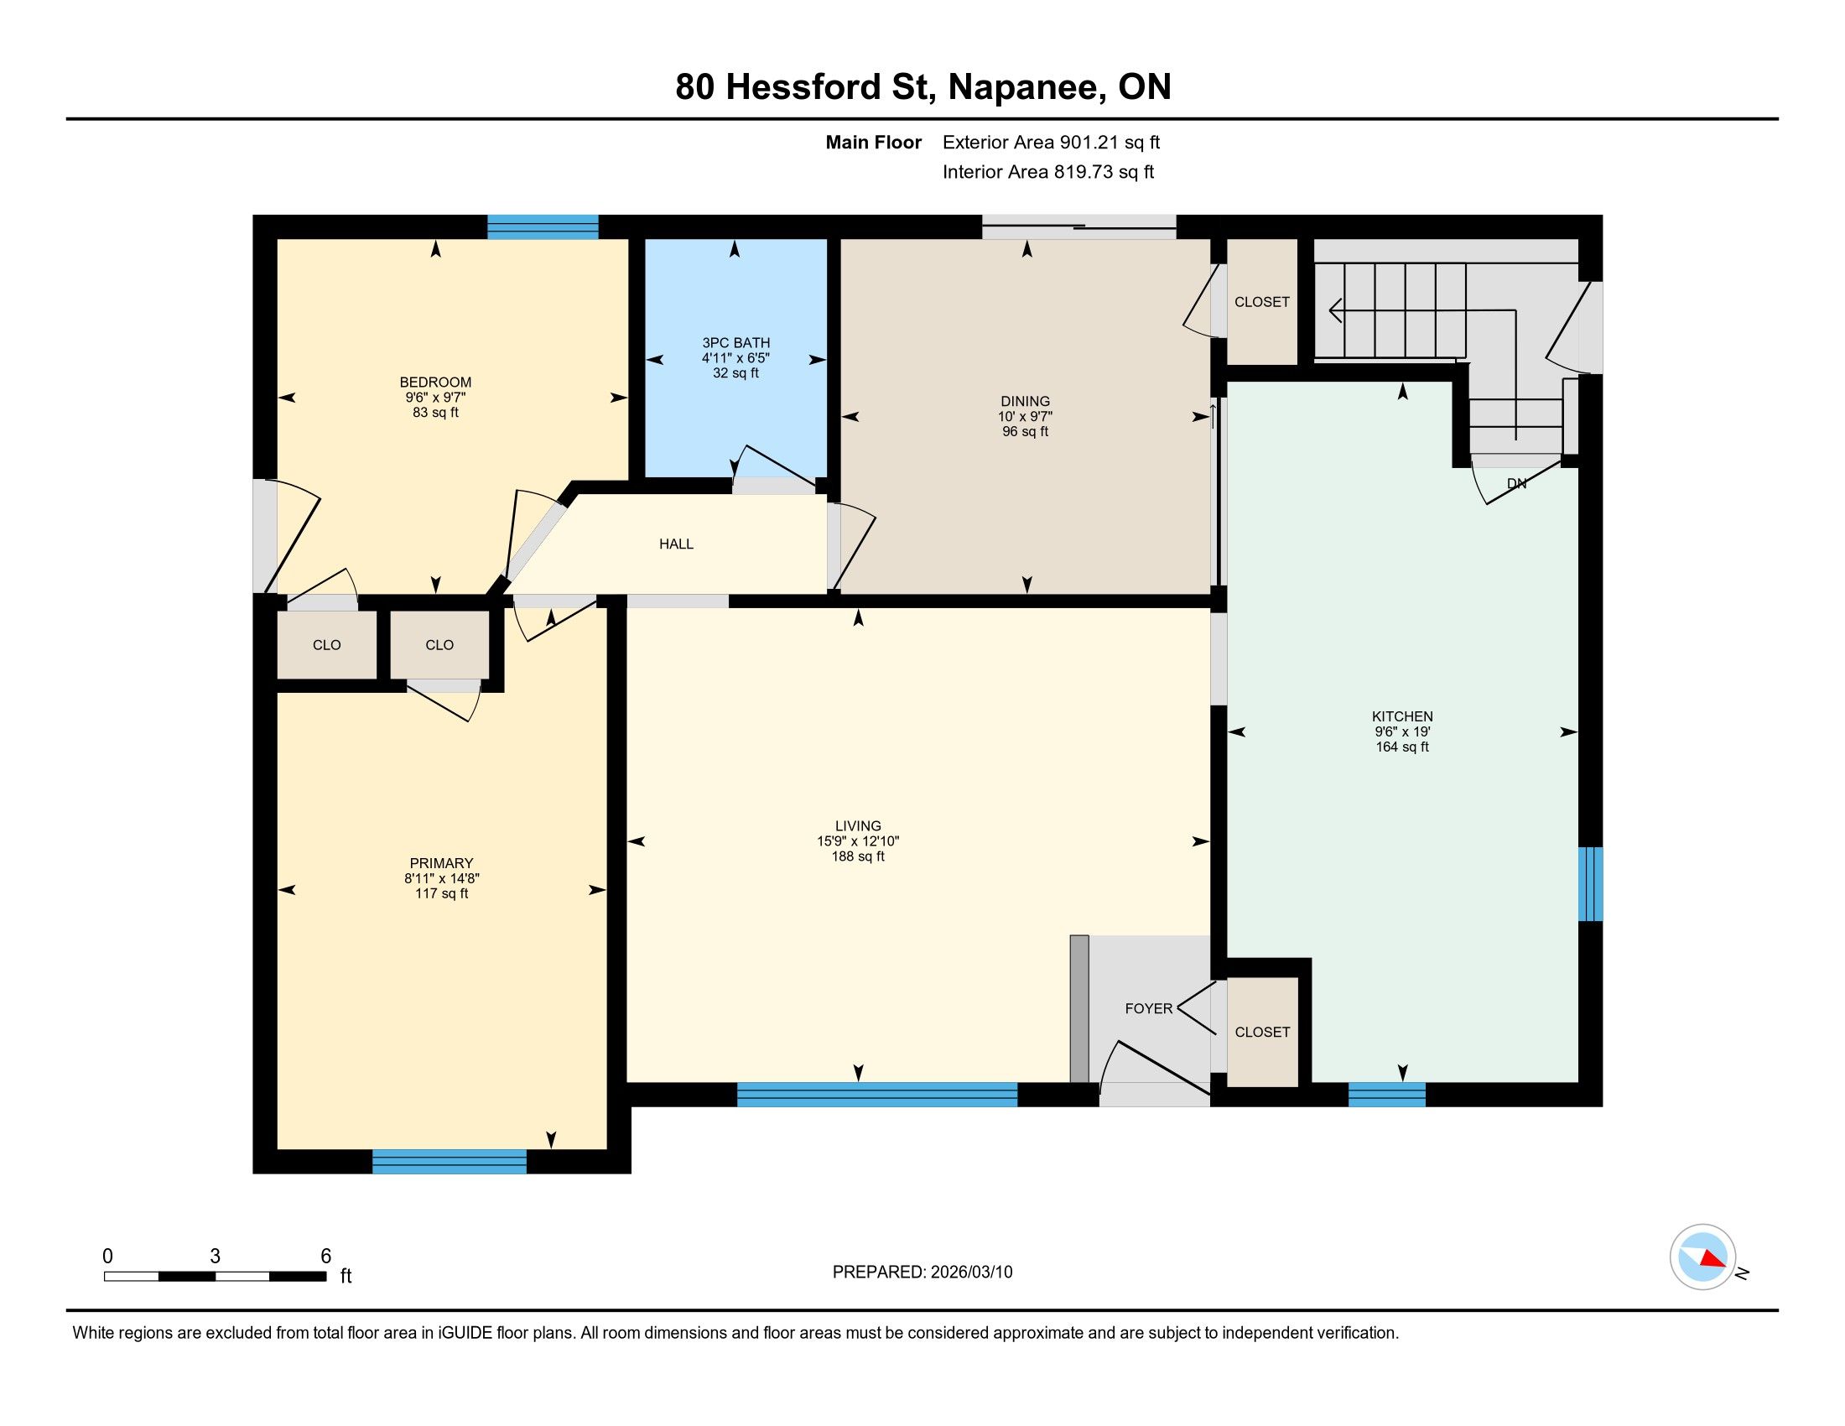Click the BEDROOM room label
[x=435, y=382]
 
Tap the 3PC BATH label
[x=735, y=343]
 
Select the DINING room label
[x=1025, y=401]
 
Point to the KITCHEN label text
[x=1402, y=716]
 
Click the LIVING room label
[x=857, y=826]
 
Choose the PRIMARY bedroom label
[x=441, y=863]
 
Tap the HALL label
[x=676, y=544]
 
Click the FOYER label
[x=1149, y=1008]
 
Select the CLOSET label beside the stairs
[x=1262, y=302]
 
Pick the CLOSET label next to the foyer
[x=1262, y=1033]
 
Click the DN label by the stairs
[x=1517, y=484]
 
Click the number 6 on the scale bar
[x=326, y=1257]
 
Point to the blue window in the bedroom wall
[x=543, y=227]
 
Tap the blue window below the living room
[x=877, y=1094]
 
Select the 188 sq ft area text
[x=857, y=856]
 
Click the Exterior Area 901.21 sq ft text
[x=1051, y=143]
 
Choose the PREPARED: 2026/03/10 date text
[x=922, y=1272]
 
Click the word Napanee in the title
[x=1027, y=87]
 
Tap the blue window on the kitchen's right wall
[x=1591, y=883]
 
